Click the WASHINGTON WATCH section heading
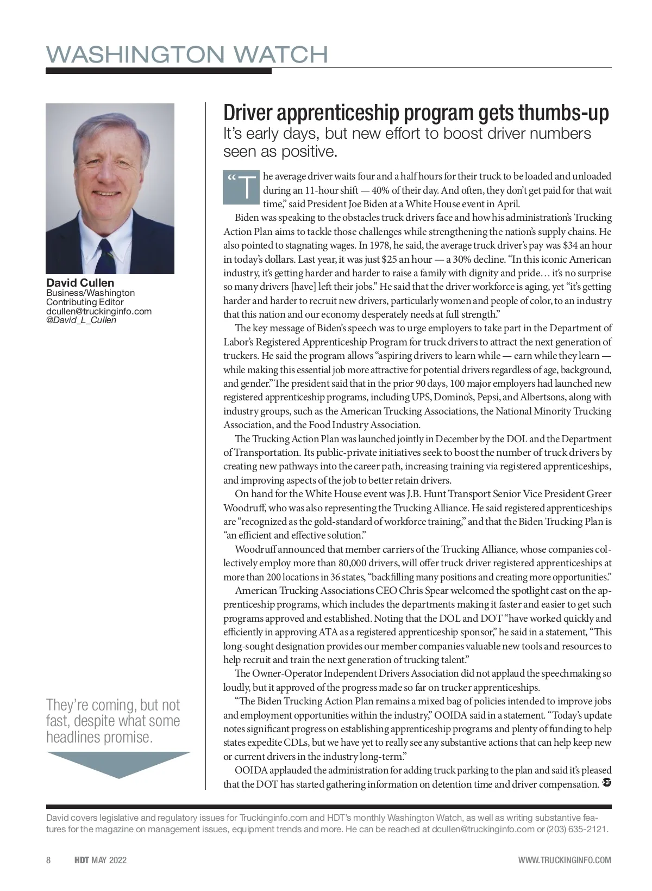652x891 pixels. (x=187, y=54)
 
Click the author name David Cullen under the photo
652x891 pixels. (x=80, y=283)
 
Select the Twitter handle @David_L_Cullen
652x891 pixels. (x=81, y=320)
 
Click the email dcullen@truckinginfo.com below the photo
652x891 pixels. (x=98, y=311)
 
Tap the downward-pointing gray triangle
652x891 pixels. (x=118, y=764)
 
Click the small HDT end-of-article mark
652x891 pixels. (x=607, y=783)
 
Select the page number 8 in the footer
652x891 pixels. (x=48, y=860)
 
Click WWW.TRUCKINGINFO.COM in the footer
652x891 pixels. (x=565, y=860)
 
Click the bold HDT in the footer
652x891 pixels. (x=82, y=860)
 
